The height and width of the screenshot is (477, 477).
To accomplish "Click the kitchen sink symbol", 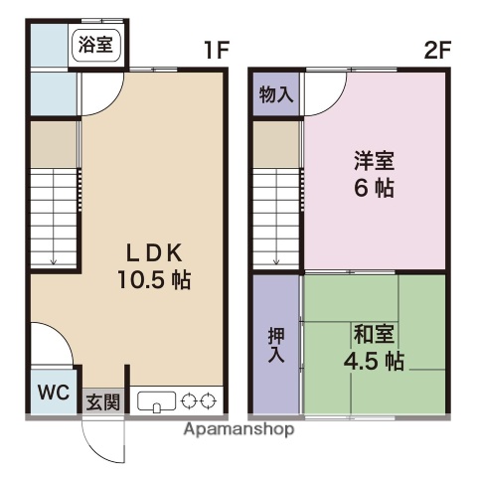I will point(157,402).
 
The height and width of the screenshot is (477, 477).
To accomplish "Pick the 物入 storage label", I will point(275,95).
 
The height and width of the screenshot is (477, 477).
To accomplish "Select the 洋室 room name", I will point(373,158).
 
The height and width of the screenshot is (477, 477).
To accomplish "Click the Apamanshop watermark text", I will point(238,430).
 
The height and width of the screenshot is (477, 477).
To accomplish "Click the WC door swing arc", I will point(52,348).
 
